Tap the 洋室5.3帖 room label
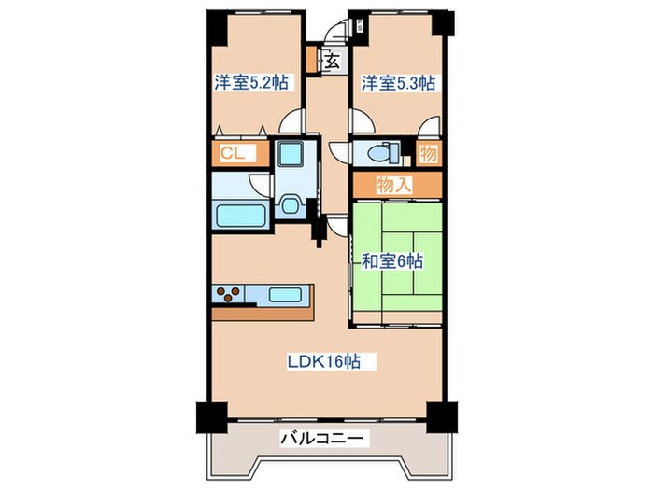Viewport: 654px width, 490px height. click(398, 82)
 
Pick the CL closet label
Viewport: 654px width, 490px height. click(234, 154)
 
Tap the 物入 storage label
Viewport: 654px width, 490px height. click(394, 184)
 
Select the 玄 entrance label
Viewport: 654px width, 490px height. click(334, 62)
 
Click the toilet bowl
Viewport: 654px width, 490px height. click(384, 154)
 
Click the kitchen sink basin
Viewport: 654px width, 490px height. click(284, 295)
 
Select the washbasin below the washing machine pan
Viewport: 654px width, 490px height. click(290, 206)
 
